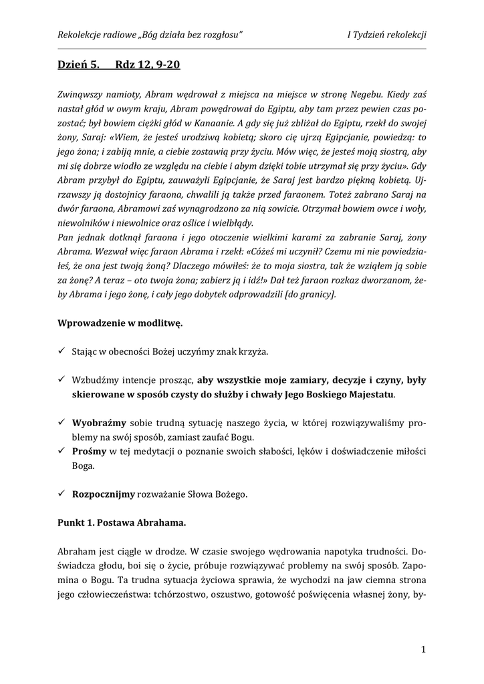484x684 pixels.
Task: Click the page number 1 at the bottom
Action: [x=424, y=649]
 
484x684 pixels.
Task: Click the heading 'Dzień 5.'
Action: [x=78, y=65]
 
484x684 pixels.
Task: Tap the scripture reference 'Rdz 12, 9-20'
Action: [x=148, y=65]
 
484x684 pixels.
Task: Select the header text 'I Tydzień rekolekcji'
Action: [x=386, y=35]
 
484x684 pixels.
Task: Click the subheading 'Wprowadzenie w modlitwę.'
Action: [x=120, y=323]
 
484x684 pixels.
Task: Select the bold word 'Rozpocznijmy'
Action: [x=104, y=495]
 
